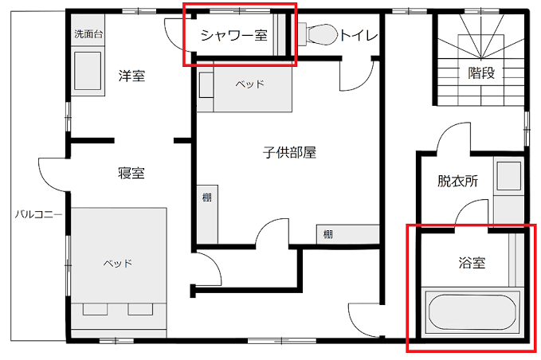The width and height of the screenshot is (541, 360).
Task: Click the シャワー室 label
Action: (234, 35)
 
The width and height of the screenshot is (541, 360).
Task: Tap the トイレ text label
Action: (359, 35)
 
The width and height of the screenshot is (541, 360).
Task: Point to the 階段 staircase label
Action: (481, 72)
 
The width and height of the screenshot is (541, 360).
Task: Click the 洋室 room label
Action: (131, 76)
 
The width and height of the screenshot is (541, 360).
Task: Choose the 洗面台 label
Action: (88, 33)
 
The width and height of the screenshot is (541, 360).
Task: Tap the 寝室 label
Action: (131, 173)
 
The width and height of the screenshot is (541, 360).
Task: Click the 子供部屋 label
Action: (289, 152)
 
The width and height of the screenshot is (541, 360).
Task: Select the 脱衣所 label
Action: (458, 181)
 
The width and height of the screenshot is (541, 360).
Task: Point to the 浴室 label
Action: (472, 263)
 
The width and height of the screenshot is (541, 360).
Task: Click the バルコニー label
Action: (38, 214)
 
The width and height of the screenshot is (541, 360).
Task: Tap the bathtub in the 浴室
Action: (472, 312)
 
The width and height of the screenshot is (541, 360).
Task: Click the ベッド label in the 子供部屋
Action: (250, 84)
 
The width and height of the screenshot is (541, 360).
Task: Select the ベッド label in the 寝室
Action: (118, 264)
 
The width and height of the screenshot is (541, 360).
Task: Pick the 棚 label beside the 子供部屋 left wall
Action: (206, 198)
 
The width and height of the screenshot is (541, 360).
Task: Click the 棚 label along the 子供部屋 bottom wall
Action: (327, 235)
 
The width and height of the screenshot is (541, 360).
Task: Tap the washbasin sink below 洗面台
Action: (88, 71)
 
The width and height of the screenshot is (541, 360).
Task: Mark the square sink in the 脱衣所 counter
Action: (508, 175)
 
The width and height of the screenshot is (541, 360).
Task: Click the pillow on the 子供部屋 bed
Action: (206, 85)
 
